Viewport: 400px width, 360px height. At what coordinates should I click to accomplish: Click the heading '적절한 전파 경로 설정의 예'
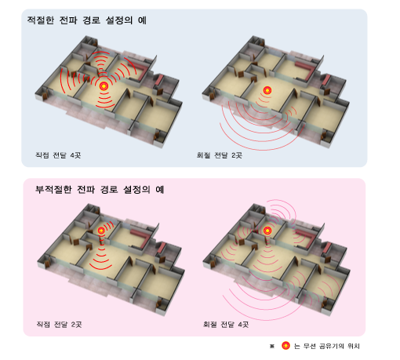point(87,20)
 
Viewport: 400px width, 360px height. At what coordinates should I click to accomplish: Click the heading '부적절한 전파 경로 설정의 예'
point(100,189)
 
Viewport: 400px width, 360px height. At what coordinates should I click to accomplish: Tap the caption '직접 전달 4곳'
point(58,155)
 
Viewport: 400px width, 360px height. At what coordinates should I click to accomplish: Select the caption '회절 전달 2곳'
point(220,155)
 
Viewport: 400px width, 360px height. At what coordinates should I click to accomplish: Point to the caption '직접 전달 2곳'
point(59,325)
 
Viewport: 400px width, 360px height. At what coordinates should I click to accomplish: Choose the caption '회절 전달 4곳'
point(226,325)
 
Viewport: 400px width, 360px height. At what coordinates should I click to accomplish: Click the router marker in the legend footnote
point(285,346)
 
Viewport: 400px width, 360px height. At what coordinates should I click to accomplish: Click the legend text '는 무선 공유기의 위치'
point(327,346)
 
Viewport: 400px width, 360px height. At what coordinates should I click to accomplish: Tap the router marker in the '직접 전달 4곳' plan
point(104,85)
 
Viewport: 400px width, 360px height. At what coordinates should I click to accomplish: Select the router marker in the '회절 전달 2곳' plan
point(267,90)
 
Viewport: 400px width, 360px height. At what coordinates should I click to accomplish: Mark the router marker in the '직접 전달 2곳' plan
point(101,231)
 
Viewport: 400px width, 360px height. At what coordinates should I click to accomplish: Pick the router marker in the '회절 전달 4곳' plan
point(267,231)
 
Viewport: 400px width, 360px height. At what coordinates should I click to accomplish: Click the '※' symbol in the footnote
point(272,346)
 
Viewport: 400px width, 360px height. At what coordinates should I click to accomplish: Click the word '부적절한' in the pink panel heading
point(53,189)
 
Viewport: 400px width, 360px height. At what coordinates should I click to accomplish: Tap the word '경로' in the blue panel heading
point(92,20)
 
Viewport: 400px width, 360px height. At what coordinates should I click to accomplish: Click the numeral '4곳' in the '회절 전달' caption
point(243,325)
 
